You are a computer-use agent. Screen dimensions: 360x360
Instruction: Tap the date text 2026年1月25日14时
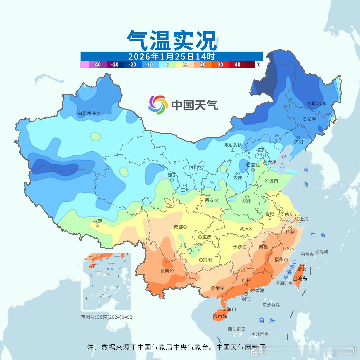point(172,56)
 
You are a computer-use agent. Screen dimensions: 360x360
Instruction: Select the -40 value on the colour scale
point(97,65)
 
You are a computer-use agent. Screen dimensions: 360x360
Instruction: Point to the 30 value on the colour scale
point(220,65)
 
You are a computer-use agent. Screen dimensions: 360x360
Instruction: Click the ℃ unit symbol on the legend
point(258,65)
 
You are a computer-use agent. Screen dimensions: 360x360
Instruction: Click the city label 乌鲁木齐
point(87,113)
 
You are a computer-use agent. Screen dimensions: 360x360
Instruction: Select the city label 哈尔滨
point(319,104)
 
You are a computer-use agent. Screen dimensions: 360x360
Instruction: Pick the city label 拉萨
point(97,221)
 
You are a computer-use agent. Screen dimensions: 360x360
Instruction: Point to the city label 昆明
point(165,270)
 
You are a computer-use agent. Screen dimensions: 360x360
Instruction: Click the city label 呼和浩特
point(232,145)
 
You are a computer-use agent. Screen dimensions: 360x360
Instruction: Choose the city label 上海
point(304,219)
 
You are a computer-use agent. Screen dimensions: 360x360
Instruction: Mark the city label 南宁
point(220,288)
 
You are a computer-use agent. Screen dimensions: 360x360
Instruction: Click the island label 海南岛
point(220,316)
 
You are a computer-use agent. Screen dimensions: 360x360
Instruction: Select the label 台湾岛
point(300,279)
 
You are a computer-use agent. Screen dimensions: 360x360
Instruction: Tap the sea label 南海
point(267,320)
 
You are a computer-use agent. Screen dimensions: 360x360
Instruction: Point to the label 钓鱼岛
point(307,254)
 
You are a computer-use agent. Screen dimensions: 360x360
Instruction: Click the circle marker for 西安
point(216,201)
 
